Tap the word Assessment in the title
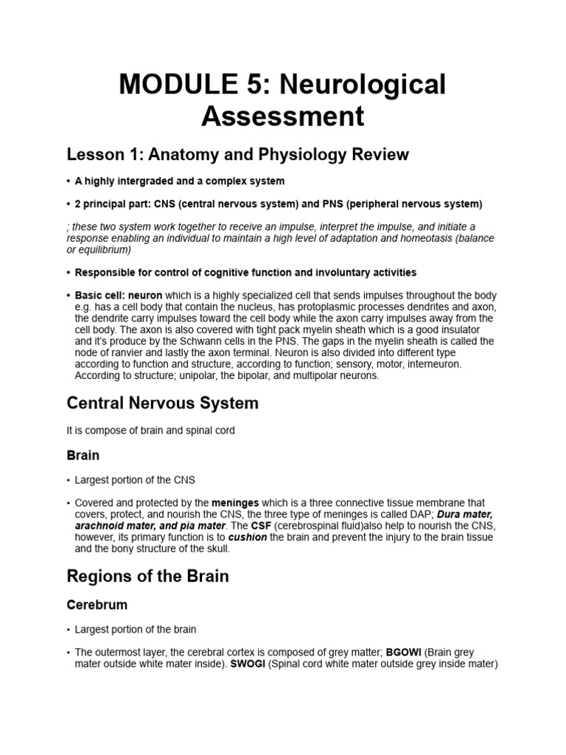coord(283,116)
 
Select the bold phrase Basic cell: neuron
coord(118,295)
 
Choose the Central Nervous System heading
coord(162,403)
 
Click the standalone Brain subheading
coord(83,456)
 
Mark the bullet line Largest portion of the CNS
coord(135,480)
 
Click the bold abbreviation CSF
coord(261,525)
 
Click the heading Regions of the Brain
coord(147,577)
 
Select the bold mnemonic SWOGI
coord(243,664)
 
